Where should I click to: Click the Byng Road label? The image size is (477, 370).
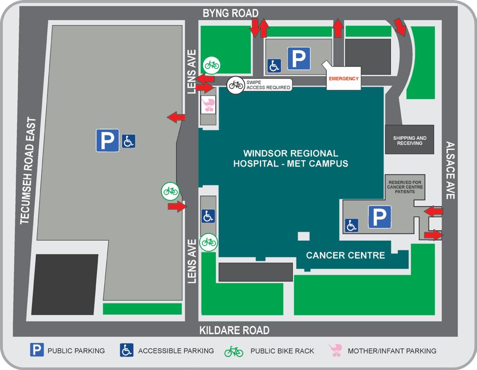click(230, 13)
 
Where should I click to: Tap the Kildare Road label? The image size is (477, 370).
click(234, 330)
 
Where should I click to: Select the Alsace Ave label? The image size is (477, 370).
click(450, 170)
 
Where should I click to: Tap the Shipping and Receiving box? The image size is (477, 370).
click(409, 140)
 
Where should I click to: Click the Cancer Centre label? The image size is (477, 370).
click(345, 255)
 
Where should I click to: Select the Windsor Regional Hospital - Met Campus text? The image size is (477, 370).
click(290, 158)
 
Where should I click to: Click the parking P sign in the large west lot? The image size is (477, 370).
click(107, 141)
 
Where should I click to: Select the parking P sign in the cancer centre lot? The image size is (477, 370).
click(379, 217)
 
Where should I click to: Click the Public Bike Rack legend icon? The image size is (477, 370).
click(234, 351)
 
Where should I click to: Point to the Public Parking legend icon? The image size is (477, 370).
click(37, 350)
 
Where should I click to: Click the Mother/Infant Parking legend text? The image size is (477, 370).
click(392, 351)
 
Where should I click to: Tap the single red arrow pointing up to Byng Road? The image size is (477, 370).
click(338, 28)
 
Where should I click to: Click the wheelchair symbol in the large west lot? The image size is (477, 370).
click(128, 141)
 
